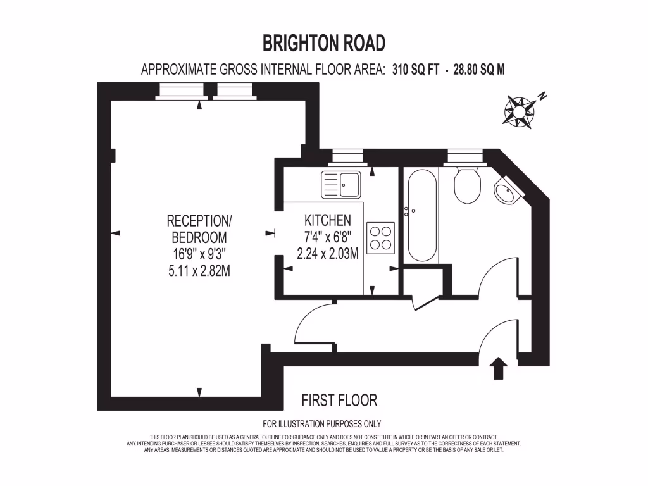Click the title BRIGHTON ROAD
[x=324, y=43]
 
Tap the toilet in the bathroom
[x=468, y=185]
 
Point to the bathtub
[x=422, y=215]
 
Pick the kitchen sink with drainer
[x=340, y=184]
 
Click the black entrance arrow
[x=499, y=368]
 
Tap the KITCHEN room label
[x=328, y=221]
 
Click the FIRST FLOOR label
[x=339, y=400]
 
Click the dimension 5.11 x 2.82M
[x=199, y=271]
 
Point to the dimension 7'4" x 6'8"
[x=328, y=237]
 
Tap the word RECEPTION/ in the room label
[x=199, y=221]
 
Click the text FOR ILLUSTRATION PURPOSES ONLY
[x=321, y=424]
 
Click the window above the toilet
[x=465, y=154]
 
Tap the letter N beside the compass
[x=542, y=97]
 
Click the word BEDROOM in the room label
[x=199, y=238]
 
